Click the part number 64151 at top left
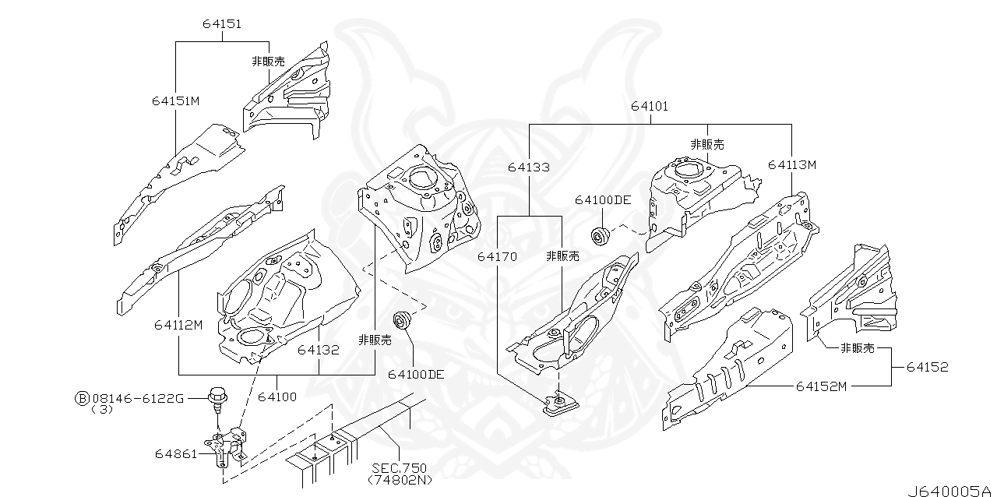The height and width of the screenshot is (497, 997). coord(222,24)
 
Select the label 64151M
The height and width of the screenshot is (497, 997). coord(176,100)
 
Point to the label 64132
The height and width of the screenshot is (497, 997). coord(318,350)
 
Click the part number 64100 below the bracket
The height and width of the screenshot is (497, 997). coord(277,397)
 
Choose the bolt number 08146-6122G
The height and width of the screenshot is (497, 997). coord(137,398)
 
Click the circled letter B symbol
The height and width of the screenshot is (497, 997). coord(81,398)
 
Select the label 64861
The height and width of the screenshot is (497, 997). coord(177,453)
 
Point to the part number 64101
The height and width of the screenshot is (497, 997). coord(649,107)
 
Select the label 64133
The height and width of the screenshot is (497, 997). coord(528,167)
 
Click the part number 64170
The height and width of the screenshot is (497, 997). coord(497,256)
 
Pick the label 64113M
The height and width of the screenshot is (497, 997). coord(791,164)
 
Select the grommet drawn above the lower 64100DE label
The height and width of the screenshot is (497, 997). coord(403,319)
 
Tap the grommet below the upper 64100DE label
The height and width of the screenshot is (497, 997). coord(600,234)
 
